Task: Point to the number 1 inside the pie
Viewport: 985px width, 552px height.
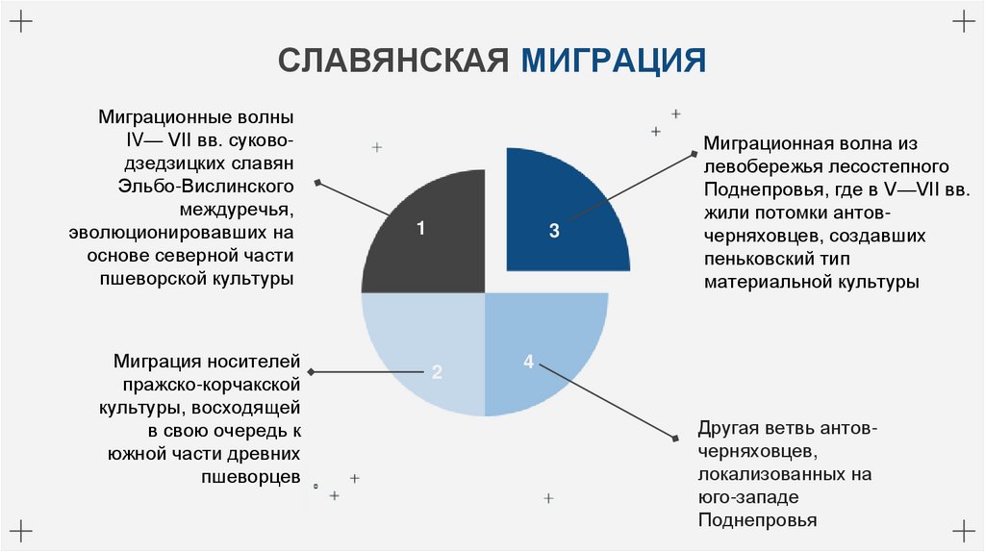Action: pyautogui.click(x=420, y=228)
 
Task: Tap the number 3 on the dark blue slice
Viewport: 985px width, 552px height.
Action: pyautogui.click(x=554, y=230)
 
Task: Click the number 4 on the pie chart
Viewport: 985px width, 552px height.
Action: pyautogui.click(x=528, y=362)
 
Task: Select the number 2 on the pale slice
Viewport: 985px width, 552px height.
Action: pyautogui.click(x=437, y=372)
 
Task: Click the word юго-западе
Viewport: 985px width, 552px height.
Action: pyautogui.click(x=744, y=497)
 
